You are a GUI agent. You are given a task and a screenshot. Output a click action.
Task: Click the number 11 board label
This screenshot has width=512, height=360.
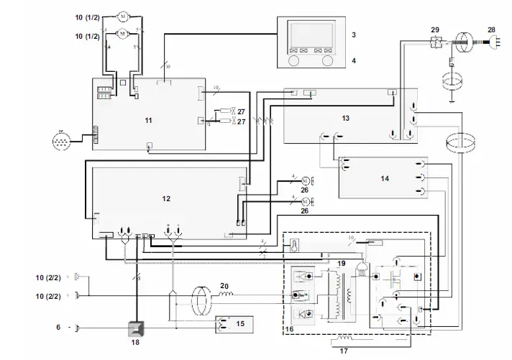[148, 119]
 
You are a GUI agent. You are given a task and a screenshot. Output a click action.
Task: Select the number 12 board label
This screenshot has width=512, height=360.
[166, 198]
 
